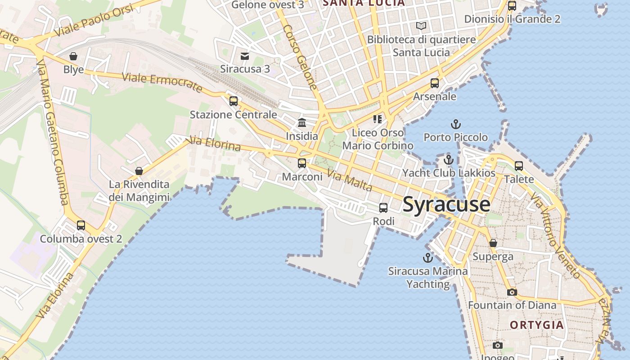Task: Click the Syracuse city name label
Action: [x=446, y=204]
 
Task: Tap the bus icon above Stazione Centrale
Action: [x=233, y=101]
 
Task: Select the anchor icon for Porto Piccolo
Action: [x=456, y=124]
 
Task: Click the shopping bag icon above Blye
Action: [x=73, y=56]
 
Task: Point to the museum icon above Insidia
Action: [x=302, y=122]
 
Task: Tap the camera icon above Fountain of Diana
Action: [x=512, y=292]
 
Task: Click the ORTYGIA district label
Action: [x=536, y=325]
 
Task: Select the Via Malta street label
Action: [x=350, y=180]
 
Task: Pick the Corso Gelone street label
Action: [x=300, y=56]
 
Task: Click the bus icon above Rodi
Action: [x=383, y=208]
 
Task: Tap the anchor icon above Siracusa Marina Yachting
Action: [x=427, y=258]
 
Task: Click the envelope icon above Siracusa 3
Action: [x=245, y=56]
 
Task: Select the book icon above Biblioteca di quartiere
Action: [x=421, y=26]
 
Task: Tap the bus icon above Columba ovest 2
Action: [x=81, y=225]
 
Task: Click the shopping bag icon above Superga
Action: [x=493, y=243]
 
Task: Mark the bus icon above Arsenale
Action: [x=434, y=83]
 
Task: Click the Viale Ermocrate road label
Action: [x=162, y=82]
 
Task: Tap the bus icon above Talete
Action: [x=519, y=166]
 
